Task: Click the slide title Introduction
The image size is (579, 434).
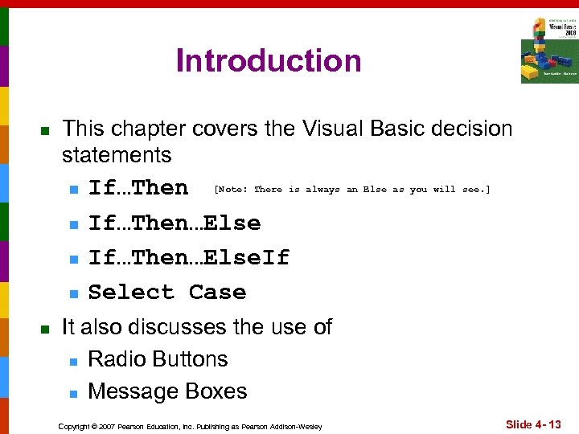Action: [x=269, y=61]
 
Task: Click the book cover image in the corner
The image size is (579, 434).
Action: [x=548, y=50]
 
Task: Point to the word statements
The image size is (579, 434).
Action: [x=117, y=154]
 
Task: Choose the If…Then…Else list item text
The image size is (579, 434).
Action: [x=175, y=223]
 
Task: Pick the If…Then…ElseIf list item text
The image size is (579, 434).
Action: [x=188, y=257]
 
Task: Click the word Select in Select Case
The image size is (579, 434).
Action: [x=131, y=292]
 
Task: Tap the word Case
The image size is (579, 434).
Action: [x=217, y=292]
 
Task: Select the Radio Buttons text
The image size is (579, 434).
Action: [x=158, y=359]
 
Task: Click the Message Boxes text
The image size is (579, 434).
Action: [x=167, y=391]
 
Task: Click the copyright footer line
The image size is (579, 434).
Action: [x=190, y=426]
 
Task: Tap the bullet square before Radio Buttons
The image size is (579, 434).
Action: [x=73, y=361]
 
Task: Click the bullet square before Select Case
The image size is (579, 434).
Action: [x=73, y=293]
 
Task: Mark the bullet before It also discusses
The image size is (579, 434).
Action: [x=46, y=329]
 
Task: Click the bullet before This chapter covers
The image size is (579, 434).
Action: [x=46, y=130]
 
